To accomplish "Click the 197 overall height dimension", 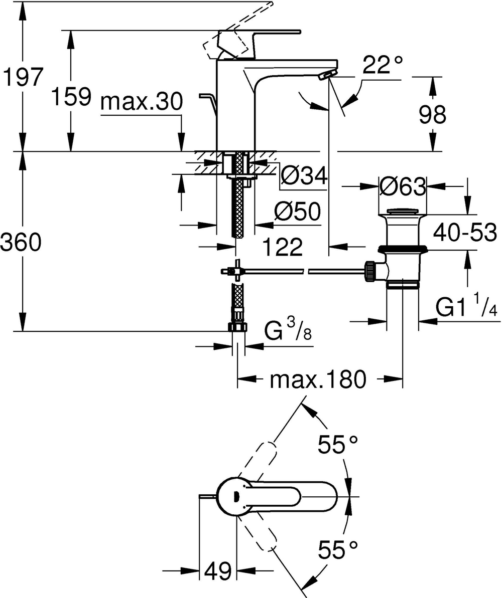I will [21, 78].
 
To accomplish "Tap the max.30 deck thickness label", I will [141, 102].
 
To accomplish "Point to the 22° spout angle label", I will [383, 66].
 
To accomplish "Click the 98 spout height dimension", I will [432, 115].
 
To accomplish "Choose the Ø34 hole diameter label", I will [304, 176].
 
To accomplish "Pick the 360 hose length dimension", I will [21, 243].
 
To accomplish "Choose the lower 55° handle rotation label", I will [339, 550].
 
